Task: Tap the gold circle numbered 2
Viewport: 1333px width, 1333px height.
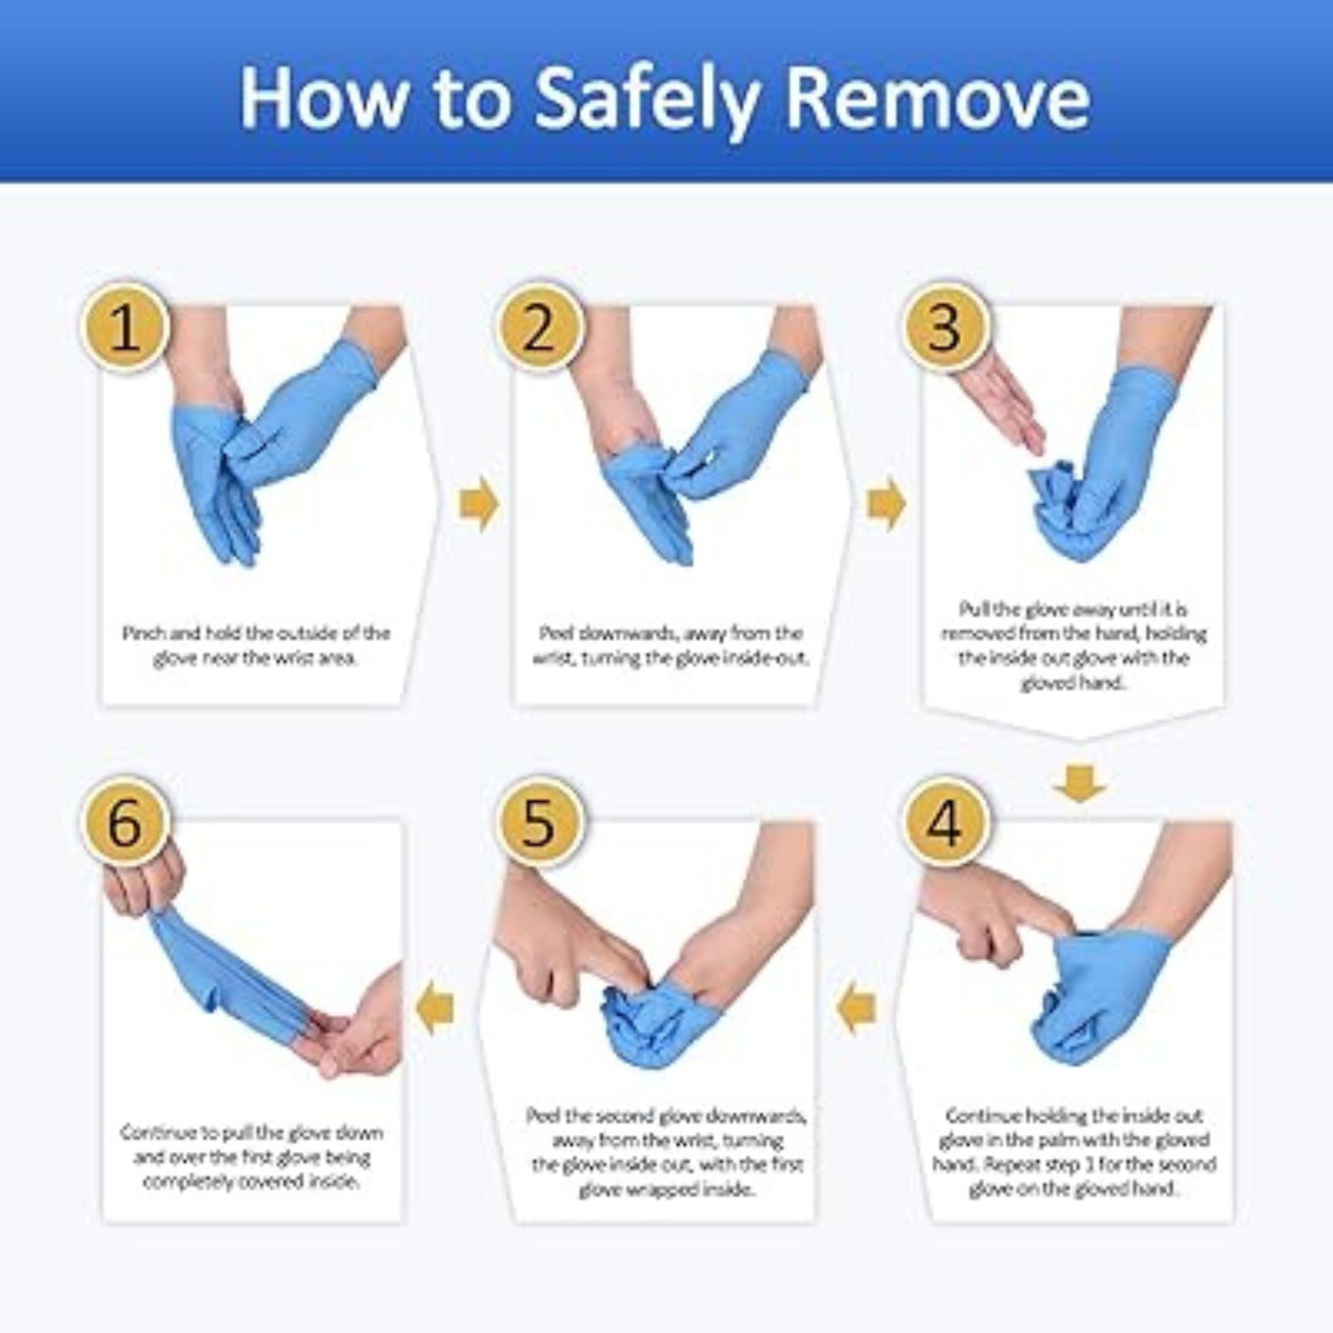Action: [x=539, y=328]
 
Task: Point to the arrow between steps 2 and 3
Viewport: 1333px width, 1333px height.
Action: [x=886, y=505]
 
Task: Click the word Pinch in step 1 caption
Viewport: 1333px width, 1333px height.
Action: [x=142, y=633]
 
